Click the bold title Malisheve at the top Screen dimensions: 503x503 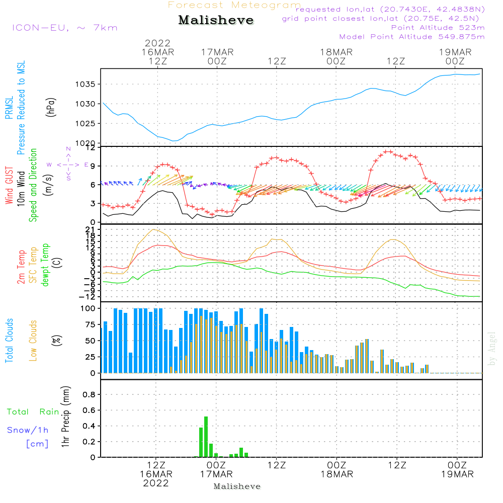[x=216, y=20]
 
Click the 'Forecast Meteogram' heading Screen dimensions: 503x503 [x=234, y=6]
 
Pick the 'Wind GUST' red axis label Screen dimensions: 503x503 [x=10, y=186]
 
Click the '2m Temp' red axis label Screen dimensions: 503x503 [x=21, y=266]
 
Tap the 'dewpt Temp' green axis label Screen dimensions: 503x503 [x=46, y=265]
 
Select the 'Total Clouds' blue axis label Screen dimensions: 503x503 [x=10, y=341]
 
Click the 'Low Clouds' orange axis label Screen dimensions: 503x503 [x=34, y=341]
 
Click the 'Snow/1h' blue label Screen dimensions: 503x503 [x=28, y=430]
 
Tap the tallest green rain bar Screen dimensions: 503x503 [x=206, y=436]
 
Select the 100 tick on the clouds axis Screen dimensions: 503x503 [x=88, y=308]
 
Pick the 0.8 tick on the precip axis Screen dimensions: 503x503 [x=89, y=395]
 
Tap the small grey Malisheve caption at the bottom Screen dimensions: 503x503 [x=237, y=486]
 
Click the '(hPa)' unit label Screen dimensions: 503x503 [x=51, y=107]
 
